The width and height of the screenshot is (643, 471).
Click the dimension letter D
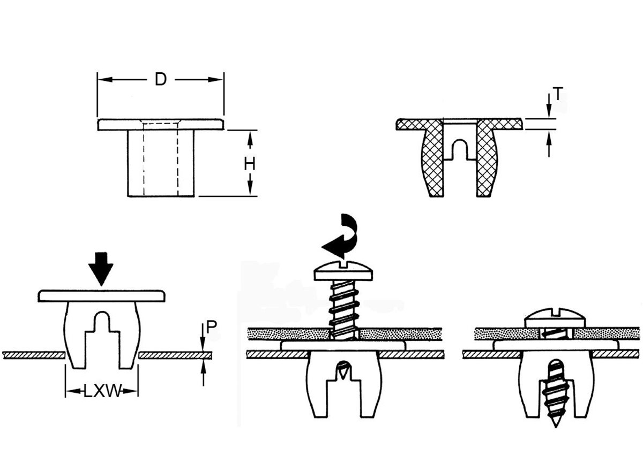(x=160, y=80)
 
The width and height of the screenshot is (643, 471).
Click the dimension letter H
(x=249, y=164)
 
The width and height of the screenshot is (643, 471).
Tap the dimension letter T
(x=558, y=95)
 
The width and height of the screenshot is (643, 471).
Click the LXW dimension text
(x=102, y=391)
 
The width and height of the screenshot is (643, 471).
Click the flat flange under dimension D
(x=160, y=125)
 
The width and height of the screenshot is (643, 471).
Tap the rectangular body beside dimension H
(x=160, y=163)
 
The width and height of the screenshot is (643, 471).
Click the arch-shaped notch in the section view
(x=460, y=149)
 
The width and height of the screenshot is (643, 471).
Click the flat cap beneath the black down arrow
(x=101, y=295)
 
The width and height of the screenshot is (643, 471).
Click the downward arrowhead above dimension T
(x=549, y=111)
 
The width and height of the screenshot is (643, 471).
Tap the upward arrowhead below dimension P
(x=203, y=366)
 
